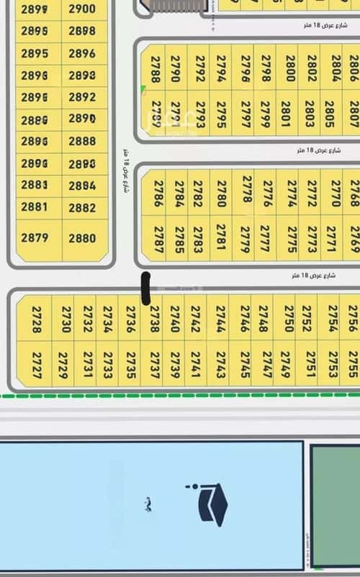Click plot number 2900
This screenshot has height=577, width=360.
click(82, 9)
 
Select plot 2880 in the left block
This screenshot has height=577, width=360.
click(83, 238)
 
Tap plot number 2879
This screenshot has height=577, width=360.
click(35, 238)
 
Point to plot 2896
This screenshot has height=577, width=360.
click(82, 53)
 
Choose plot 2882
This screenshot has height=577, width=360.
click(83, 208)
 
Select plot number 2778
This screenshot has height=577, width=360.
click(246, 190)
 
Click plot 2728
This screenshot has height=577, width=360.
click(36, 319)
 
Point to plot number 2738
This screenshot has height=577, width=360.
click(153, 319)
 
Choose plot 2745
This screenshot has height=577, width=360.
click(245, 364)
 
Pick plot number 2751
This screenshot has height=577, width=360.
click(310, 364)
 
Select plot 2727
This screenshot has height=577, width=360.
click(36, 364)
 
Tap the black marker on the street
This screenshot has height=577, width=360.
click(145, 288)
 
